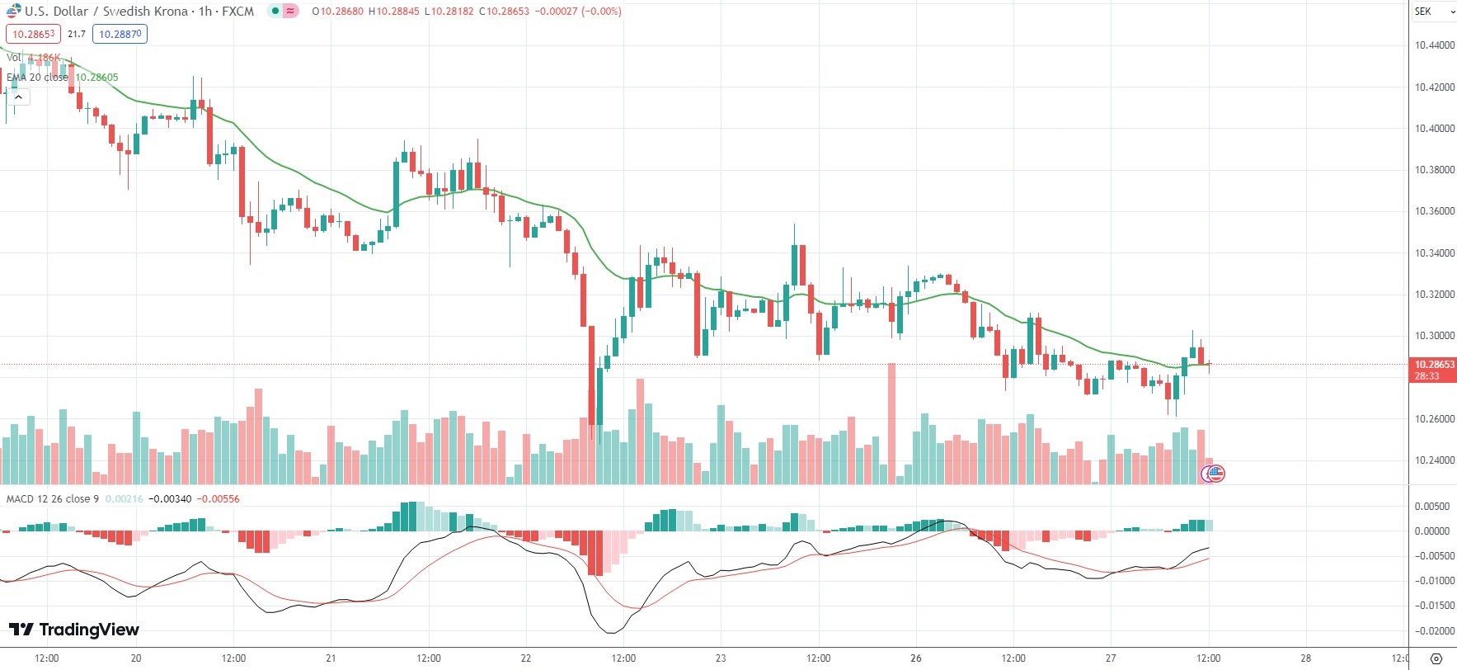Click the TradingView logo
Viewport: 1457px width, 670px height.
pyautogui.click(x=74, y=630)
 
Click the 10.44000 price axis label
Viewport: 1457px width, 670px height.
pyautogui.click(x=1434, y=45)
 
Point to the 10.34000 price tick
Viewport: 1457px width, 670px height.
pyautogui.click(x=1434, y=253)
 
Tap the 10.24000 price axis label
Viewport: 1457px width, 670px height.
pyautogui.click(x=1434, y=460)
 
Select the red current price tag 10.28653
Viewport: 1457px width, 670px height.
pyautogui.click(x=1434, y=365)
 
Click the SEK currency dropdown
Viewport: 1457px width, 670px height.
pyautogui.click(x=1433, y=12)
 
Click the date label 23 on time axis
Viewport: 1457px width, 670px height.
pyautogui.click(x=721, y=658)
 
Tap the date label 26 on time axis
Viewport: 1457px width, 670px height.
pyautogui.click(x=915, y=658)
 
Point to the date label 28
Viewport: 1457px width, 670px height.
pyautogui.click(x=1305, y=658)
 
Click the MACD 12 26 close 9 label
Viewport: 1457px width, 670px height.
pyautogui.click(x=53, y=499)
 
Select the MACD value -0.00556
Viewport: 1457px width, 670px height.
pyautogui.click(x=220, y=499)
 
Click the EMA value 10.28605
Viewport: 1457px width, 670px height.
pyautogui.click(x=97, y=78)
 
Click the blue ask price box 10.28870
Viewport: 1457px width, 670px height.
pyautogui.click(x=120, y=34)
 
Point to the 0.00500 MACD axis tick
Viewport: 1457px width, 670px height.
pyautogui.click(x=1432, y=507)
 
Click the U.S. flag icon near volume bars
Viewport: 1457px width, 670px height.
pyautogui.click(x=1215, y=474)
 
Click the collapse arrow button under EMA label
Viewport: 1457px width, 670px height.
pyautogui.click(x=18, y=97)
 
